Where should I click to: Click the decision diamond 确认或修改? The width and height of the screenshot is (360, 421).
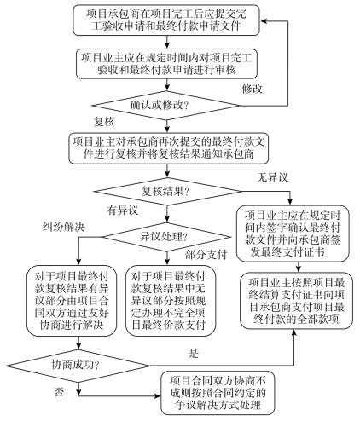pos(166,106)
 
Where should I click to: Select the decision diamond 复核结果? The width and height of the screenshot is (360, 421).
pos(167,191)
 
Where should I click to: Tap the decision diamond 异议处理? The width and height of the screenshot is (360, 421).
pos(167,237)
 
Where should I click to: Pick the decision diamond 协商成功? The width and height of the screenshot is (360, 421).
pos(78,366)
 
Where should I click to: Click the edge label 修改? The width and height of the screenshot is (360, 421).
pos(253,89)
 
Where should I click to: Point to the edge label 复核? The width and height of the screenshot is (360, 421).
pos(104,122)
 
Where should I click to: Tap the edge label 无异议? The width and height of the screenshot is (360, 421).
pos(272,177)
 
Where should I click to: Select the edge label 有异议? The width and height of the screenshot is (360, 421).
pos(122,210)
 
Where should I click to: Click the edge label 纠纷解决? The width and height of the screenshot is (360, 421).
pos(64,227)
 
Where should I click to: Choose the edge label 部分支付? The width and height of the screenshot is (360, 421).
pos(206,255)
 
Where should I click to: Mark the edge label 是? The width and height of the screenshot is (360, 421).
pos(194,353)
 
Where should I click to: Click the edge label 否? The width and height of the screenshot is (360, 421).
pos(59,392)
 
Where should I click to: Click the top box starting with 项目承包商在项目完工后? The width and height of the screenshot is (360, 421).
pos(166,20)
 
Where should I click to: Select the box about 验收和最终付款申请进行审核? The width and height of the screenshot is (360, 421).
pos(166,64)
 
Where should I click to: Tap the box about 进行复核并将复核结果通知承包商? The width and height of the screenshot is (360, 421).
pos(169,148)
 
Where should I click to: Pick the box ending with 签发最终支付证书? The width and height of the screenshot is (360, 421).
pos(293,234)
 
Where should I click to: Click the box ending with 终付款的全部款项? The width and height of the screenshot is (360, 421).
pos(296,301)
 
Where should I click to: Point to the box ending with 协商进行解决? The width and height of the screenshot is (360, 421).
pos(72,301)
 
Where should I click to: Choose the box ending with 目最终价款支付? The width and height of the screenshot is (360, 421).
pos(171,301)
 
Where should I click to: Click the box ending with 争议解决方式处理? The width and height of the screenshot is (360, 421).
pos(218,393)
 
